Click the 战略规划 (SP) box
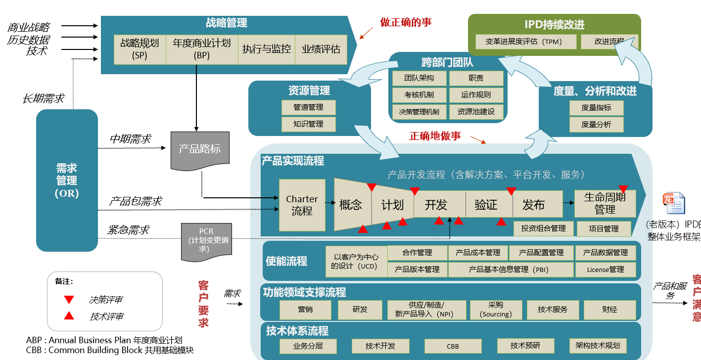tap(140, 49)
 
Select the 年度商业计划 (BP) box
tap(202, 49)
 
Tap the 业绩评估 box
tap(321, 49)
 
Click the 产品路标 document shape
tap(200, 149)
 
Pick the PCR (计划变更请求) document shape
tap(206, 241)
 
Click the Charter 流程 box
tap(302, 205)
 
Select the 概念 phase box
tap(351, 205)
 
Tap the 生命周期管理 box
tap(605, 204)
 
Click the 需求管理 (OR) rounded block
tap(67, 180)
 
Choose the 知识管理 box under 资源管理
tap(308, 124)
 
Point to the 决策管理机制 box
tap(419, 112)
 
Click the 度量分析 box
tap(596, 125)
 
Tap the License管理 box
tap(606, 270)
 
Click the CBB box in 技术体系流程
tap(453, 346)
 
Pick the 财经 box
tap(609, 310)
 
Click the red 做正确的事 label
tap(406, 22)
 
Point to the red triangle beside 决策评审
tap(69, 300)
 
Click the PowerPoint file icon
tap(674, 204)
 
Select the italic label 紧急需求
tap(128, 230)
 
